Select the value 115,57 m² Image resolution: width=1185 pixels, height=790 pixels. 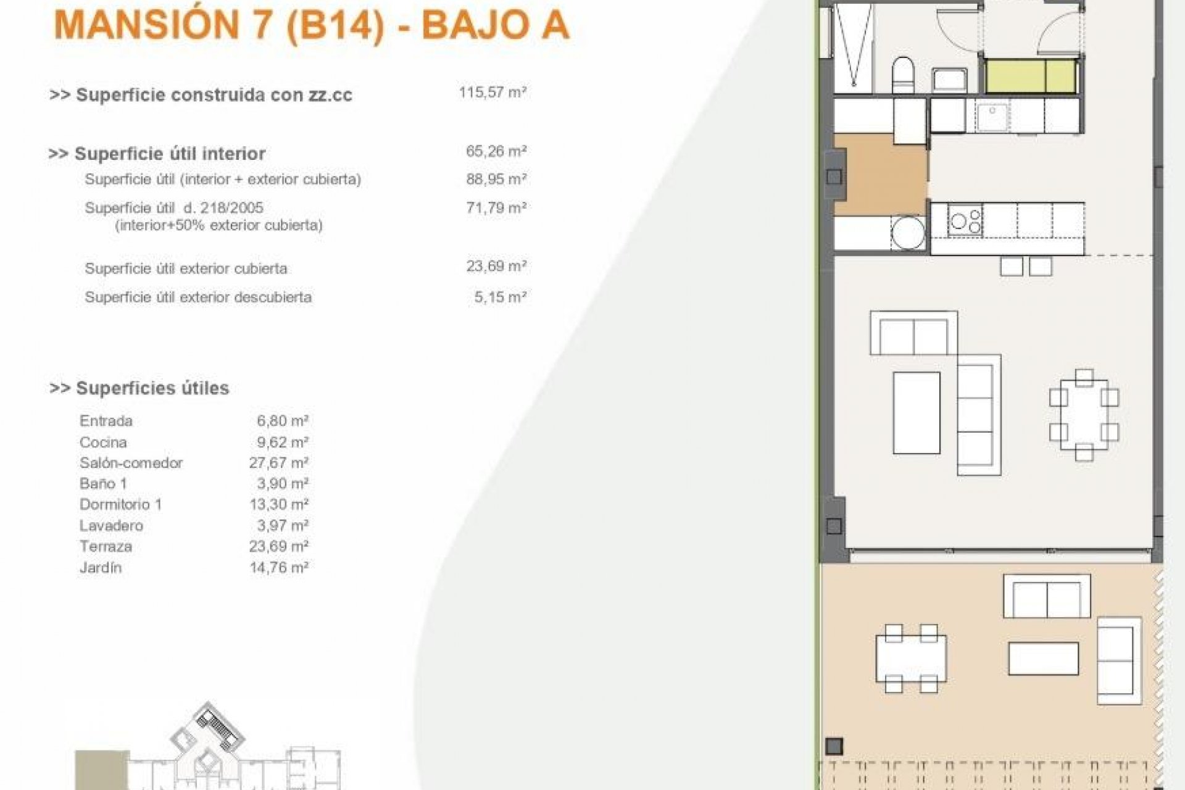pyautogui.click(x=492, y=93)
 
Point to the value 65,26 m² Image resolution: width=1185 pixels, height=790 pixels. pyautogui.click(x=496, y=151)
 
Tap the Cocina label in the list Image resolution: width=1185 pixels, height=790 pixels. pyautogui.click(x=103, y=443)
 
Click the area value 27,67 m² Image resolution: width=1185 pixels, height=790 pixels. pyautogui.click(x=278, y=463)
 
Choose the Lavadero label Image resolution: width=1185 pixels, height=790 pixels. pyautogui.click(x=111, y=526)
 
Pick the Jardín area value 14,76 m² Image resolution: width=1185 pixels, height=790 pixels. pyautogui.click(x=278, y=568)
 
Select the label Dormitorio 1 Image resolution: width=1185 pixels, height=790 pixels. pyautogui.click(x=120, y=505)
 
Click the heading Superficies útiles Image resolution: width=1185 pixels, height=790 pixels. pyautogui.click(x=152, y=388)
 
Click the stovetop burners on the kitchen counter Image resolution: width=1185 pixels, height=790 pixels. pyautogui.click(x=965, y=221)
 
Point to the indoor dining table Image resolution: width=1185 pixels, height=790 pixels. pyautogui.click(x=1084, y=415)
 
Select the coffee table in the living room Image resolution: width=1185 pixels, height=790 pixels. pyautogui.click(x=917, y=412)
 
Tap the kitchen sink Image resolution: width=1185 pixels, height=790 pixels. pyautogui.click(x=992, y=117)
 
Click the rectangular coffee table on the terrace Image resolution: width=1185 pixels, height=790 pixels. pyautogui.click(x=1044, y=659)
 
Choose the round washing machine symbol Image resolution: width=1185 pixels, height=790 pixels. pyautogui.click(x=908, y=233)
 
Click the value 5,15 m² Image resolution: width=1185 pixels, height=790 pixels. pyautogui.click(x=499, y=297)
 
